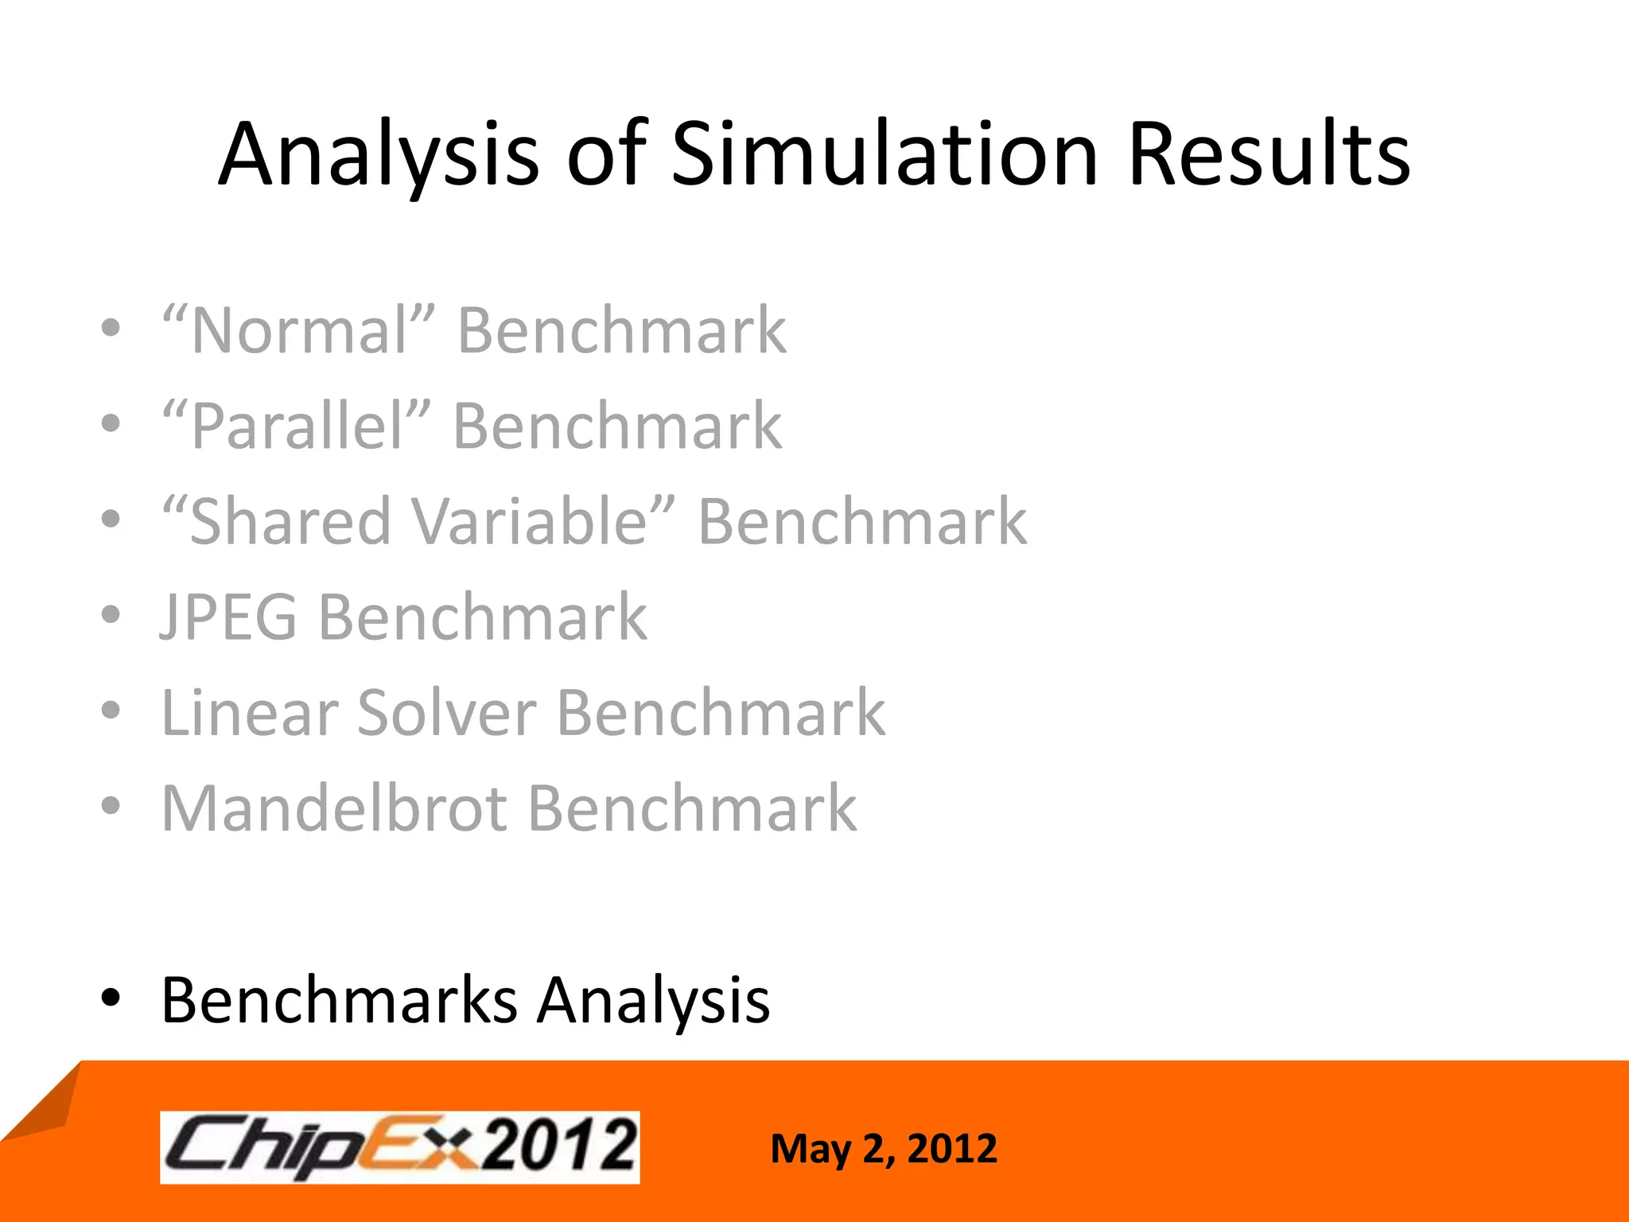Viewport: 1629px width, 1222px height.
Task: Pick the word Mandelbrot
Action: point(334,808)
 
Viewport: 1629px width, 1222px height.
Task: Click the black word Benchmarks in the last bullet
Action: point(339,999)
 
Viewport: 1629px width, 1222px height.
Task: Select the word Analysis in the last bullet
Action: point(653,999)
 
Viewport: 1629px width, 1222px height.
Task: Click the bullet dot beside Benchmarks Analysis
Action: point(111,998)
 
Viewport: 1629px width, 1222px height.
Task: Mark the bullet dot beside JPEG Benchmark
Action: point(111,615)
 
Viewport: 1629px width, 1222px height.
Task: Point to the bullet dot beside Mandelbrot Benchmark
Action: point(111,806)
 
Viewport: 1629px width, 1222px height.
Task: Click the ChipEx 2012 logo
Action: point(399,1147)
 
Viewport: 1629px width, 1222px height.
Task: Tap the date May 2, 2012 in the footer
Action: point(883,1149)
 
